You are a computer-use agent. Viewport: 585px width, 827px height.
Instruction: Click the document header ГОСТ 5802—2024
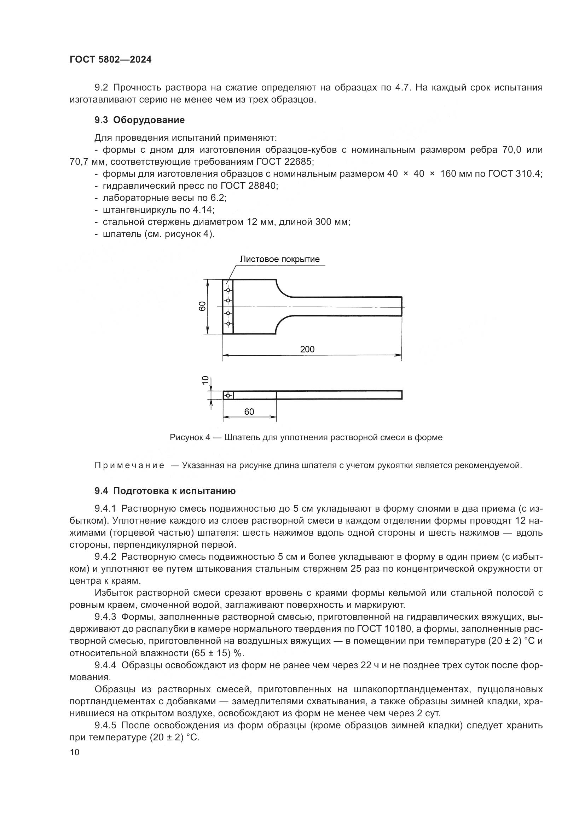pos(111,60)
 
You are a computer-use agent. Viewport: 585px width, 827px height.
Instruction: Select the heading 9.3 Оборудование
pos(139,120)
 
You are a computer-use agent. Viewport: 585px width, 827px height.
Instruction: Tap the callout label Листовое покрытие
pos(279,259)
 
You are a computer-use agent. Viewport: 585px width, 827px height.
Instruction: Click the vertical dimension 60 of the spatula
pos(202,306)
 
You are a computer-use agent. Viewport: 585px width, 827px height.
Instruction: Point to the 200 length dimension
pos(307,349)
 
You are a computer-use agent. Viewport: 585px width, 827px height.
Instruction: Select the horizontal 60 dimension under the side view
pos(249,412)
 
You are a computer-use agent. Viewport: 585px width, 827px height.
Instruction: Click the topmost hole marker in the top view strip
pos(228,290)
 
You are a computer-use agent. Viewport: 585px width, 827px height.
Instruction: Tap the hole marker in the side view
pos(228,396)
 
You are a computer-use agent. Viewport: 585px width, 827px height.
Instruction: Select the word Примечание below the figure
pos(129,465)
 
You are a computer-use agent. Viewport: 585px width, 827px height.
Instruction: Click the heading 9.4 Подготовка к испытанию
pos(165,491)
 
